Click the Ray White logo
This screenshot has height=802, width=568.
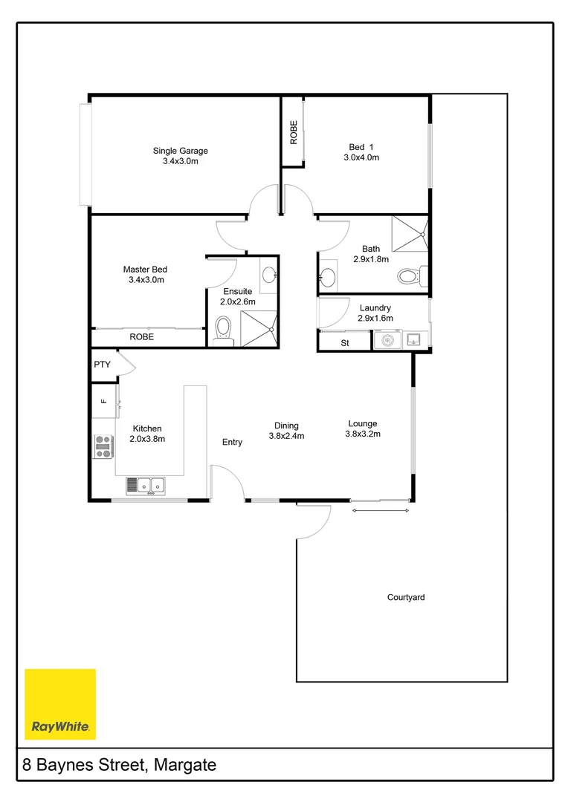click(60, 704)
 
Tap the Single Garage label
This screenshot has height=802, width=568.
click(181, 151)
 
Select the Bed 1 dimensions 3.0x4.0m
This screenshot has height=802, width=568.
click(361, 158)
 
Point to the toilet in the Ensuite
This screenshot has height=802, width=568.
click(223, 329)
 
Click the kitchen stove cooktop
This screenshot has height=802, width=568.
click(103, 446)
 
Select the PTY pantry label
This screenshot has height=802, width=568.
click(102, 365)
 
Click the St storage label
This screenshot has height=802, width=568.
click(345, 343)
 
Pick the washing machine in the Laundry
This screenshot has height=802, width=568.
click(387, 341)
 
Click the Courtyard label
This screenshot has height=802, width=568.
click(406, 597)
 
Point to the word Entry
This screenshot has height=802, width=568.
click(232, 443)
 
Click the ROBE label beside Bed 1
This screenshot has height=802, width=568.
click(294, 132)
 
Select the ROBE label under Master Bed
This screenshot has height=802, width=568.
click(142, 336)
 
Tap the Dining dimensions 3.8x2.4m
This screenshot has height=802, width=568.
click(286, 437)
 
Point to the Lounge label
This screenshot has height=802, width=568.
click(363, 424)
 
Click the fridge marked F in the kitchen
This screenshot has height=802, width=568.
click(104, 401)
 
